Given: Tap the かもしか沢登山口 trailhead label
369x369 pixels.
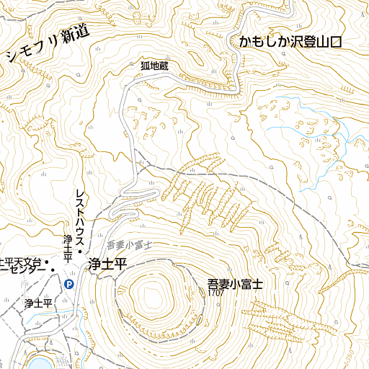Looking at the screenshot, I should pyautogui.click(x=288, y=43).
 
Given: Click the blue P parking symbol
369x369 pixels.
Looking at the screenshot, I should pyautogui.click(x=69, y=285).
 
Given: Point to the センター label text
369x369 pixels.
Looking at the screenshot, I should pyautogui.click(x=22, y=271).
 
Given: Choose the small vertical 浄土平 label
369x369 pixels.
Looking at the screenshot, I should pyautogui.click(x=66, y=248).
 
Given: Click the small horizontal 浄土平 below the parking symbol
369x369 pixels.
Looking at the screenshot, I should pyautogui.click(x=38, y=303).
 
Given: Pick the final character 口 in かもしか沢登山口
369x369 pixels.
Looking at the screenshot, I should pyautogui.click(x=332, y=43).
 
